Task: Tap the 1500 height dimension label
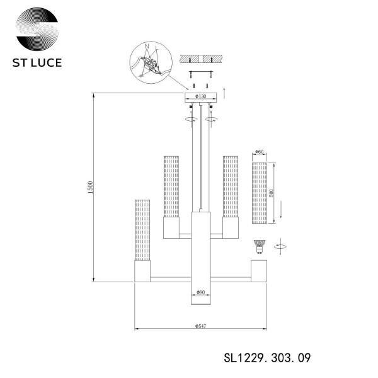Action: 90,188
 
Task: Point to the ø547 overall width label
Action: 200,326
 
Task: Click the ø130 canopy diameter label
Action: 200,96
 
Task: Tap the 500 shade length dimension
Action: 272,193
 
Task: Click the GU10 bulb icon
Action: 258,246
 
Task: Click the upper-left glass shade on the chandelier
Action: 171,187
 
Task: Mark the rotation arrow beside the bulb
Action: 280,247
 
